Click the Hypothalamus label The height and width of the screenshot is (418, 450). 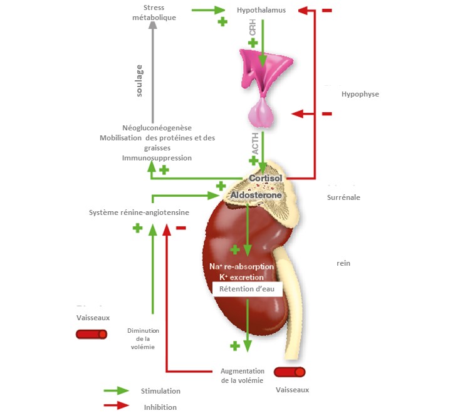coord(261,10)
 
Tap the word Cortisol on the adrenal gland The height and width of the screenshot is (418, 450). coord(266,178)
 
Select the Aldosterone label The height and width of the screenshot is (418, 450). coord(256,195)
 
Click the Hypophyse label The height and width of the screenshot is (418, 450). coord(360,94)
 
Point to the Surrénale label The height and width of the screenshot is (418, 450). coord(343,197)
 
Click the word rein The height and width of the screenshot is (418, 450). coord(343,263)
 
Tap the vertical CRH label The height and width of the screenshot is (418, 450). coord(253,27)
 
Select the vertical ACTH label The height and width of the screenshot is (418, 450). coord(255,144)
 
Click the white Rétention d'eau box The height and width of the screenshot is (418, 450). coord(248,289)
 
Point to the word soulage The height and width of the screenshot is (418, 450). coord(139,81)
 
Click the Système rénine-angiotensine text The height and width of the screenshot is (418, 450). coord(139,212)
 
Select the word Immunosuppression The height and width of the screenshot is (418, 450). coord(157,158)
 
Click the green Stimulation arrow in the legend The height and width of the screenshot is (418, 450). coord(116,391)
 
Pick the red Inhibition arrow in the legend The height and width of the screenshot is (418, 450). coord(116,405)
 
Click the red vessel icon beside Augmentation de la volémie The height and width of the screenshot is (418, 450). coord(290,372)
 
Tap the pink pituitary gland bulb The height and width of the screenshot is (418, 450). coord(261,113)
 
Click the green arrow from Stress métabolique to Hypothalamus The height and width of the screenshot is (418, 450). coord(208,10)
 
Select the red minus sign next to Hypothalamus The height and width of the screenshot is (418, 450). coord(327,10)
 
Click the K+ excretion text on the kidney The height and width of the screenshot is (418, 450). coord(242,278)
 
